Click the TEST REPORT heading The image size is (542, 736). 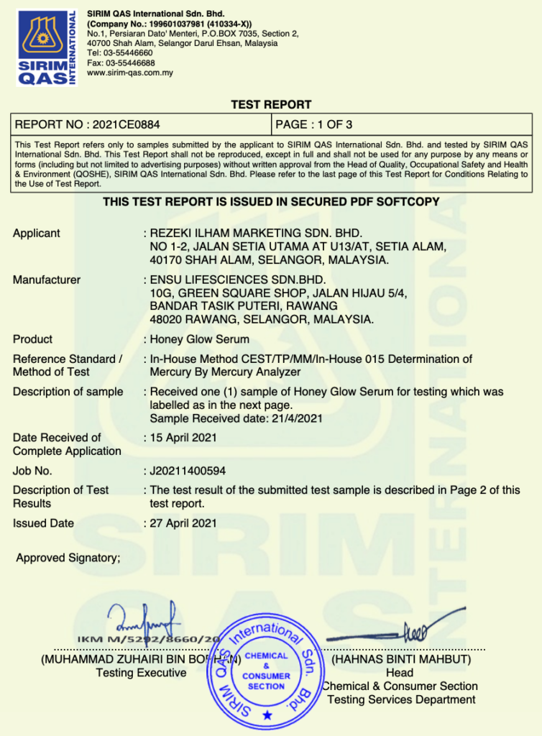271,105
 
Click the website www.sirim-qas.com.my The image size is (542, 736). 129,73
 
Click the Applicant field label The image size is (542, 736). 37,233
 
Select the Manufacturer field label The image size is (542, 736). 47,280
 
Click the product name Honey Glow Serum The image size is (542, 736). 199,339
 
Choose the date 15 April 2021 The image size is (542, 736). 183,438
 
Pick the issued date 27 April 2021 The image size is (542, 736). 183,523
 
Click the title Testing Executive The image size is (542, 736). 141,673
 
